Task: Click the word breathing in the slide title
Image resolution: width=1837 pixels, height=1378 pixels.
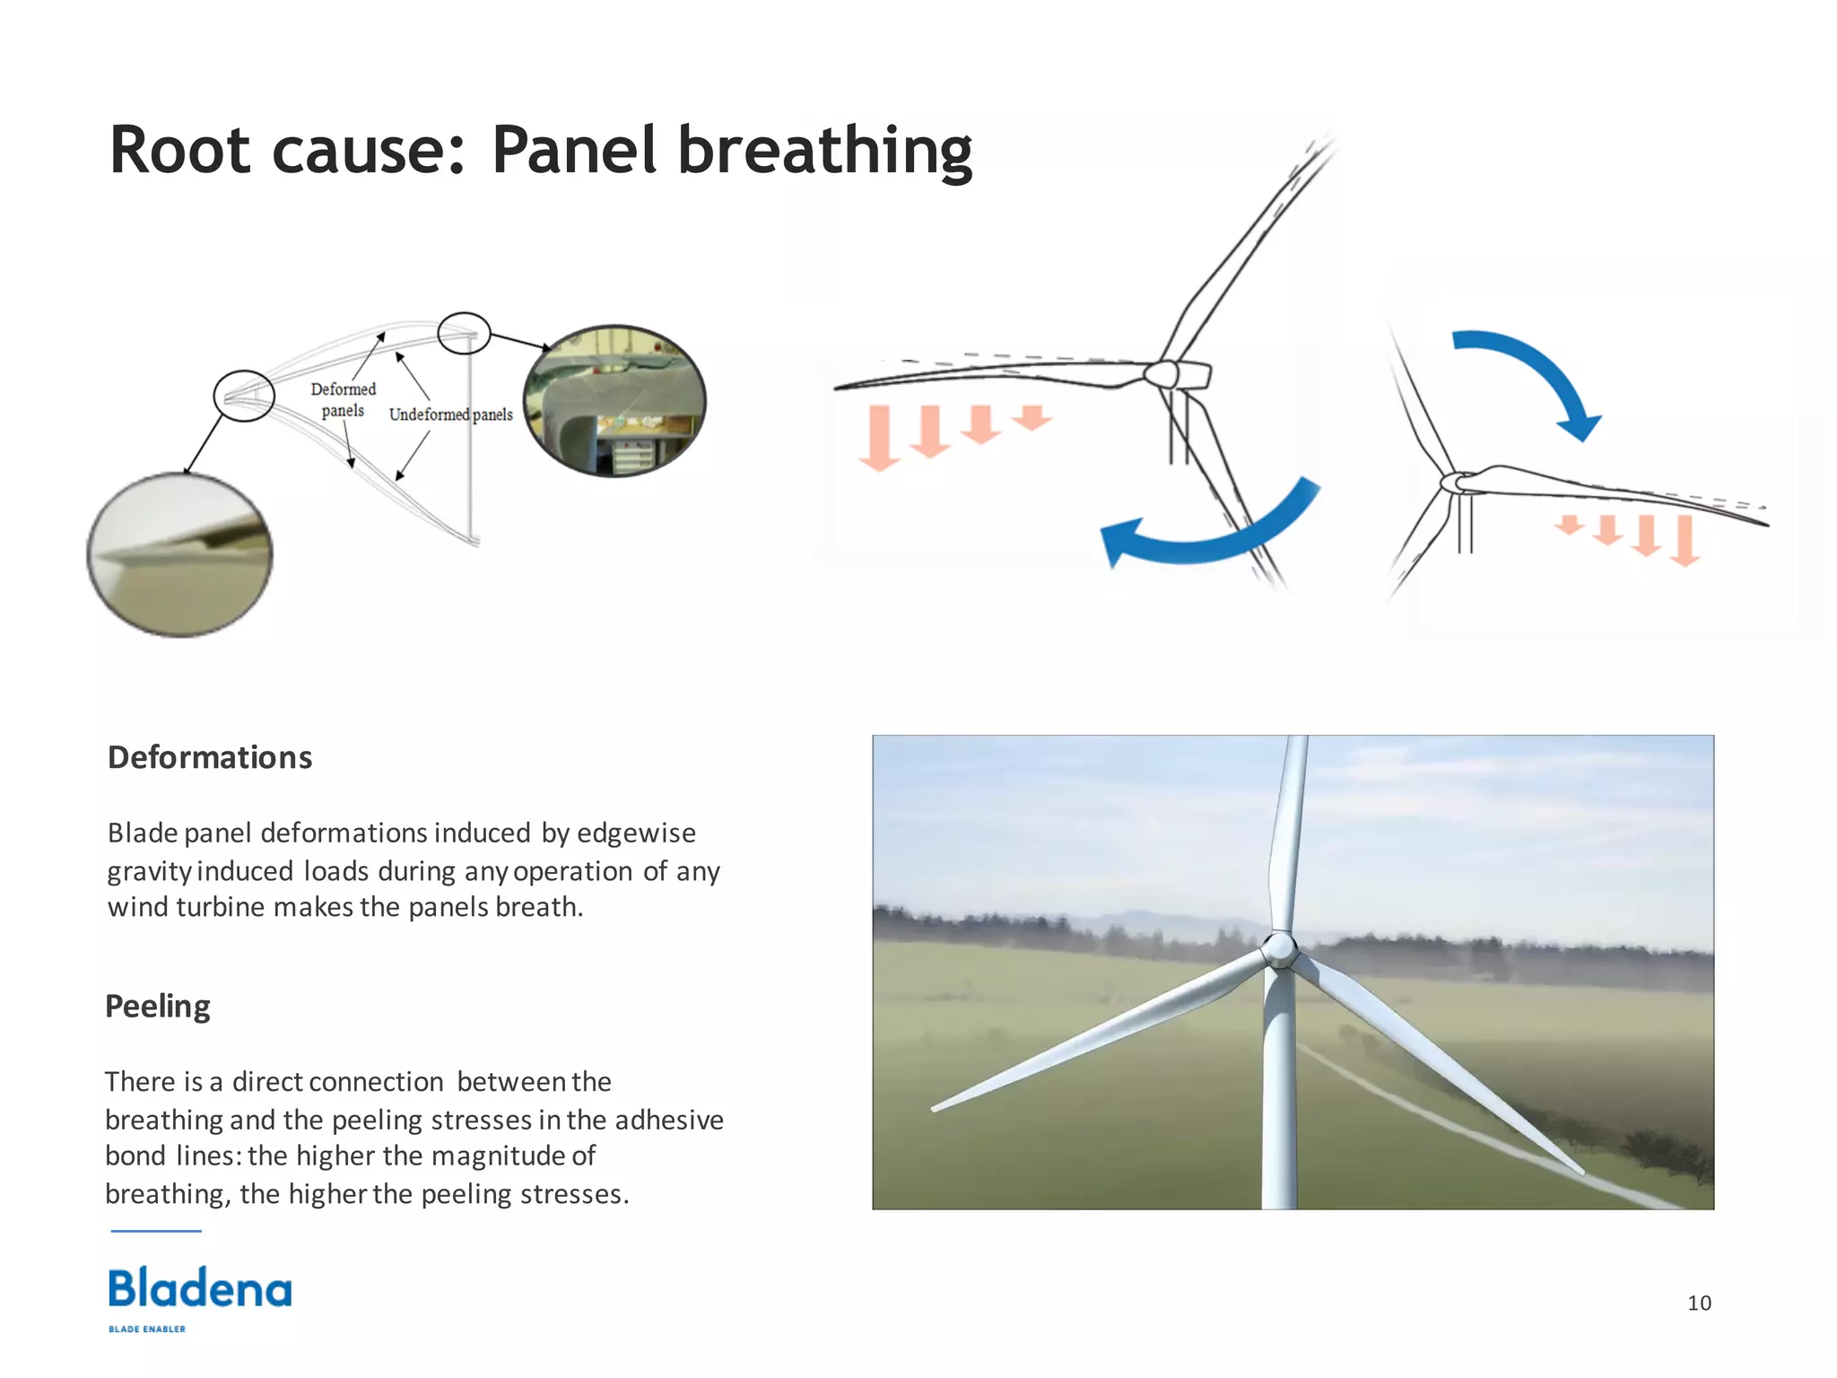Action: (823, 151)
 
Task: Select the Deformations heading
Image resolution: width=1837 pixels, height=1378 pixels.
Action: (210, 758)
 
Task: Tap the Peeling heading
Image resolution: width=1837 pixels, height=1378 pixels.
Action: (158, 1007)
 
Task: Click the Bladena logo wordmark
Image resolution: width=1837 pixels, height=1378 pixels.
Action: (200, 1289)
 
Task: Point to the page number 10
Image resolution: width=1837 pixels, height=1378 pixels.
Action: (1699, 1303)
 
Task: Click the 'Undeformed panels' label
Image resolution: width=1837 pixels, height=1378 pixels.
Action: (450, 414)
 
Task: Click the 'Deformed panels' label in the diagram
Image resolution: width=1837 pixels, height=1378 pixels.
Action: (343, 400)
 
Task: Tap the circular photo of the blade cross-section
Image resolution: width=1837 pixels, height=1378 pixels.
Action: (614, 401)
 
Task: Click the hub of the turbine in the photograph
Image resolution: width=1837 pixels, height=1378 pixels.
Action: (1280, 949)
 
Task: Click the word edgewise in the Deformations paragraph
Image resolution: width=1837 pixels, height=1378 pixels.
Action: (636, 833)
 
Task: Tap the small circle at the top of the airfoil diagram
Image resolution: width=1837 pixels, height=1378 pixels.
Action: (464, 334)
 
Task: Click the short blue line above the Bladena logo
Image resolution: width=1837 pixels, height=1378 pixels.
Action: (156, 1231)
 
